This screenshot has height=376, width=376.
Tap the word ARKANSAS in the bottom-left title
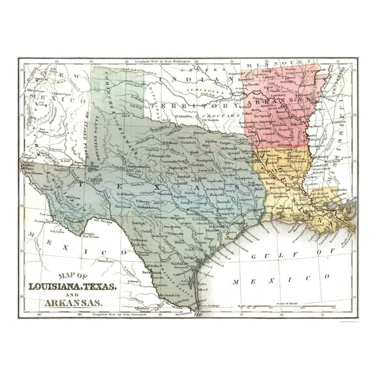coord(73,303)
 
